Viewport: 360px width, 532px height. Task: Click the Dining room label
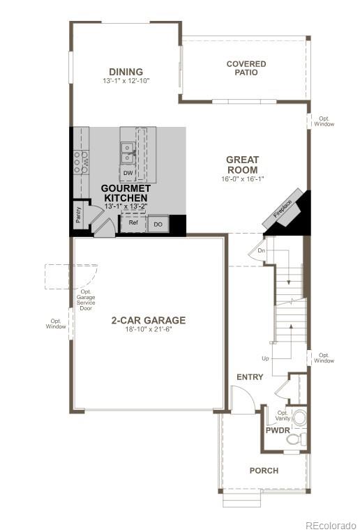tap(126, 72)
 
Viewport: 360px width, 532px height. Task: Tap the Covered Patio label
tap(246, 68)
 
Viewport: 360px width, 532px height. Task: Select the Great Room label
tap(242, 165)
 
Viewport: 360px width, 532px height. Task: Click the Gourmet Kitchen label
tap(126, 193)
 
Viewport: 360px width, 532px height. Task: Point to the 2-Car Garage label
tap(148, 321)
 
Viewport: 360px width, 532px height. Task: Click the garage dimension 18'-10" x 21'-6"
tap(148, 329)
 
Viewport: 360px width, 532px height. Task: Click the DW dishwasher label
tap(128, 173)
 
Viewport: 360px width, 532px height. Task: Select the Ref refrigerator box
tap(133, 223)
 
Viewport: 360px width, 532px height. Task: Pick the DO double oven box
tap(158, 224)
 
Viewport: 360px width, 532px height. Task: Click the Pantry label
tap(77, 215)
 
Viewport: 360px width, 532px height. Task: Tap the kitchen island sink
tap(128, 152)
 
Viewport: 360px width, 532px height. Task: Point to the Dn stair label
tap(262, 250)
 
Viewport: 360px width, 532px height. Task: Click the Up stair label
tap(265, 358)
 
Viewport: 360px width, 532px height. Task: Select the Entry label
tap(250, 377)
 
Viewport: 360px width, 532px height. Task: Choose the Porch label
tap(264, 471)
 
